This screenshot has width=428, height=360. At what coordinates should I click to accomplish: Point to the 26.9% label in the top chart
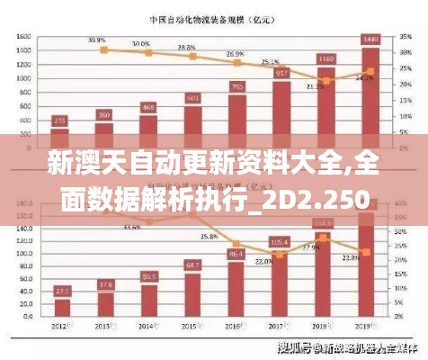pos(235,54)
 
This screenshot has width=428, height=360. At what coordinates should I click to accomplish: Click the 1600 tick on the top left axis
pos(24,37)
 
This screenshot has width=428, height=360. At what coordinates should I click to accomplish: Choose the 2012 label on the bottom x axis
pos(61,325)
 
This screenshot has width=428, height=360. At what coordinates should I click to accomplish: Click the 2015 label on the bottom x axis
pos(192,325)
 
